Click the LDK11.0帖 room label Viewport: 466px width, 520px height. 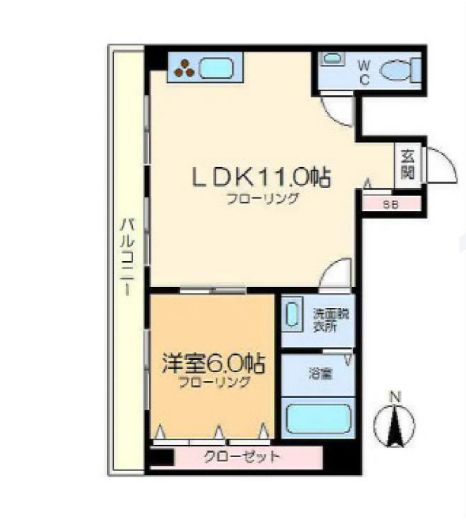(261, 178)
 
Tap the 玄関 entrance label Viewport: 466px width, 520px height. (408, 165)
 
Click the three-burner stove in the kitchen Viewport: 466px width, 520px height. (185, 69)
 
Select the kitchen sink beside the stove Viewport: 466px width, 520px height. (218, 69)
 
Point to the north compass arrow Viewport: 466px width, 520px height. (393, 427)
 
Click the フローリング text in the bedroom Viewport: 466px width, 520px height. (211, 383)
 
